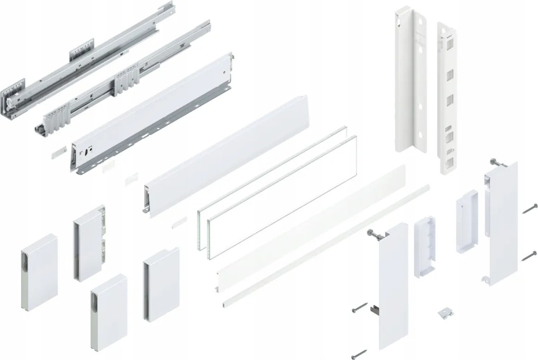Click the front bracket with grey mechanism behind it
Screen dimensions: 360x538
tap(89, 245)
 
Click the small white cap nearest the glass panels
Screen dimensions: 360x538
tap(179, 221)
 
